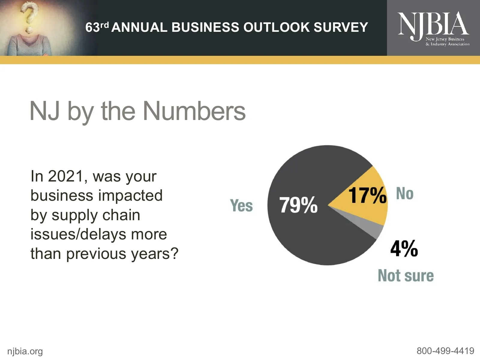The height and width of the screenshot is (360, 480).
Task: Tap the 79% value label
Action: point(298,205)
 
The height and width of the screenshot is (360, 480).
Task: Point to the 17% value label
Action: point(367,195)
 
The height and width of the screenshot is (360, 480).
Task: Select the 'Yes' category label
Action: point(241,206)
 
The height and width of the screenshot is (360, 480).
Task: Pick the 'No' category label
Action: point(405,193)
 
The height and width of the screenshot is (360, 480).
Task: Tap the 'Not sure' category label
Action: point(406,276)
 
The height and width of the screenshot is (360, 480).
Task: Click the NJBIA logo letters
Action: point(433,24)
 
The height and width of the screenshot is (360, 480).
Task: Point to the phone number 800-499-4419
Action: point(445,351)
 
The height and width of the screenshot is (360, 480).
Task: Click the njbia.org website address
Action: point(25,351)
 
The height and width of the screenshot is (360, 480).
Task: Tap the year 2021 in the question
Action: point(65,176)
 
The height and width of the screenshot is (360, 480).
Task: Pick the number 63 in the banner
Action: point(92,28)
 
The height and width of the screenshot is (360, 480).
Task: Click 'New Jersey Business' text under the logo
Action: point(445,39)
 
